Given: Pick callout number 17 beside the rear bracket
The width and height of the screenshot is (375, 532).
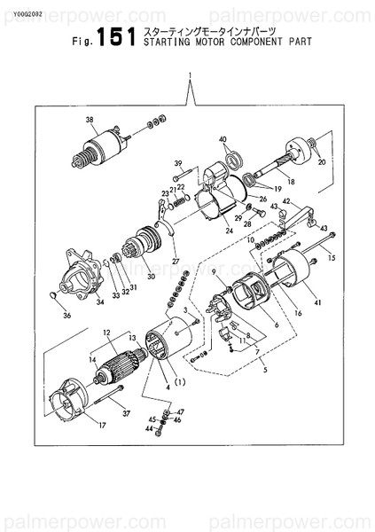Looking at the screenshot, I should pyautogui.click(x=102, y=425).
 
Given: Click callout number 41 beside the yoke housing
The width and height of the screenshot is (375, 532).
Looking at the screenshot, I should pyautogui.click(x=316, y=305).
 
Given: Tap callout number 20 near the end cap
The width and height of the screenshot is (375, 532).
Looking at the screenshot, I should pyautogui.click(x=322, y=163).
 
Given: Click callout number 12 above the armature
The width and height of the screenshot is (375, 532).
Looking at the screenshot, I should pyautogui.click(x=106, y=332).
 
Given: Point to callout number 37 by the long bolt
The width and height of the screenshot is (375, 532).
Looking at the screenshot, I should pyautogui.click(x=126, y=412).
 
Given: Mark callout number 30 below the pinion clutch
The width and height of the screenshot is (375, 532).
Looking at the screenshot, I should pyautogui.click(x=151, y=277).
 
